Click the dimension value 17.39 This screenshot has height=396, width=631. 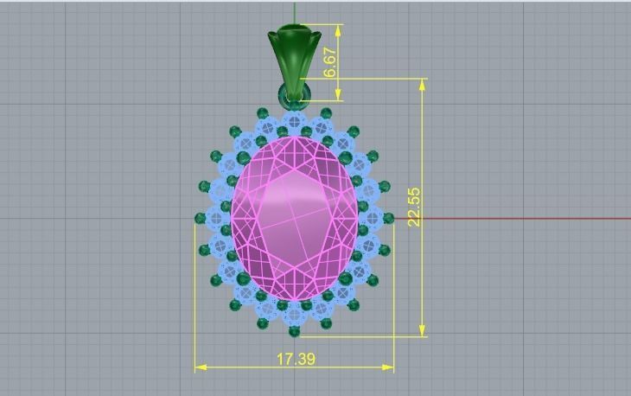click(296, 358)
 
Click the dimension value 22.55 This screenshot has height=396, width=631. click(414, 207)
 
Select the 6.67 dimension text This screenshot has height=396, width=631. click(330, 62)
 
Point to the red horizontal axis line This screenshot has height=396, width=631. click(519, 218)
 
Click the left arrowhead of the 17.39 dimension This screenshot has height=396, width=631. click(200, 367)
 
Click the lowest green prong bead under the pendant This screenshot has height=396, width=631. click(294, 331)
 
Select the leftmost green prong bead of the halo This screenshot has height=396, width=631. click(200, 218)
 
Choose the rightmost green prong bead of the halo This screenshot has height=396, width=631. click(388, 218)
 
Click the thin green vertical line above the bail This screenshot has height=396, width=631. click(295, 13)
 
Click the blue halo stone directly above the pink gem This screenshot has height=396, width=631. click(295, 120)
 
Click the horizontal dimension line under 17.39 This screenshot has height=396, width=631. click(251, 367)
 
